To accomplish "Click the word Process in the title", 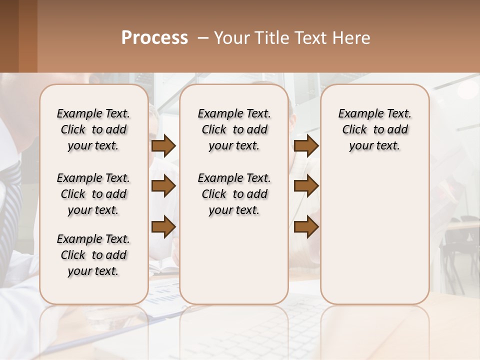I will point(154,38).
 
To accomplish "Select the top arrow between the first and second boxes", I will point(163,146).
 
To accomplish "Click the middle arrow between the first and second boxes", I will point(163,186).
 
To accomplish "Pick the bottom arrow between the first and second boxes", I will point(163,226).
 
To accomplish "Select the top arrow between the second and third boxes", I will point(306,146).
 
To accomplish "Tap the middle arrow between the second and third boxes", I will point(306,186).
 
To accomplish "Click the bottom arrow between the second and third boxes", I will point(306,226).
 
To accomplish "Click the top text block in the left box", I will point(93,129).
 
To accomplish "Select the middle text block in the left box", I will point(93,194).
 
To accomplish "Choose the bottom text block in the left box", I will point(93,255).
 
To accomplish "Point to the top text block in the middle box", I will point(234,129).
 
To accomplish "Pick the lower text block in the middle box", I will point(234,194).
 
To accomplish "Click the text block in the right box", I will point(374,129).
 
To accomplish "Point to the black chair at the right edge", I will point(460,240).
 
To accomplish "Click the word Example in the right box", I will point(356,114).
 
